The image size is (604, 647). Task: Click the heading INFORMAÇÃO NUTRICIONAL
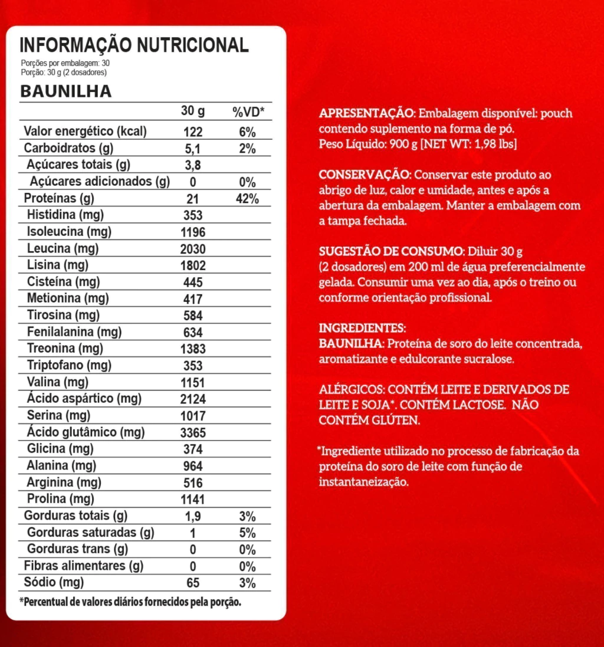click(x=134, y=45)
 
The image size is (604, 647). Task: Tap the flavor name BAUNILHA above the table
click(x=66, y=91)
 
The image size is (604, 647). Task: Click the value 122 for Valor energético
click(x=192, y=132)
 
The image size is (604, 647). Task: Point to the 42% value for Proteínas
click(x=247, y=199)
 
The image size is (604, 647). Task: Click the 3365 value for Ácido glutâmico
click(x=192, y=433)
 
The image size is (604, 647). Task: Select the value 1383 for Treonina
click(x=192, y=349)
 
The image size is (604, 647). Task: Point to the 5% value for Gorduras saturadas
click(x=247, y=533)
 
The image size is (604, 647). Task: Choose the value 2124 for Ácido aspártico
click(x=192, y=399)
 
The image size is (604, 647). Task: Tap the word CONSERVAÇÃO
click(x=363, y=175)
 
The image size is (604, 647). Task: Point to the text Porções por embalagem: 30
click(x=65, y=63)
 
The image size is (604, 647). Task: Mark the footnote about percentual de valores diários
click(x=130, y=602)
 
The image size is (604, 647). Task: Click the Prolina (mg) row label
click(x=57, y=500)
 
